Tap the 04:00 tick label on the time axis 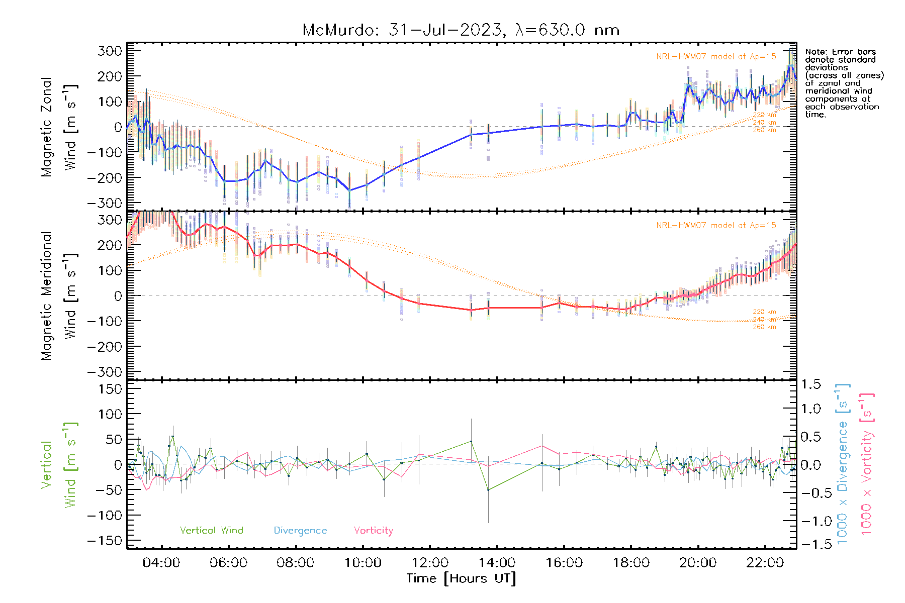pyautogui.click(x=161, y=563)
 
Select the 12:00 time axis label pyautogui.click(x=430, y=563)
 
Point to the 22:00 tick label pyautogui.click(x=765, y=563)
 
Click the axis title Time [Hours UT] pyautogui.click(x=461, y=578)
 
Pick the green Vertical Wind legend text pyautogui.click(x=211, y=531)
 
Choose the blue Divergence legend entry pyautogui.click(x=300, y=531)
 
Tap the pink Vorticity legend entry pyautogui.click(x=373, y=531)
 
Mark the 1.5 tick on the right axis pyautogui.click(x=810, y=384)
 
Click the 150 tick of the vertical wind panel pyautogui.click(x=110, y=389)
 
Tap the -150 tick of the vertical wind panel pyautogui.click(x=105, y=541)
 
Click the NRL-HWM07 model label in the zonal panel pyautogui.click(x=716, y=57)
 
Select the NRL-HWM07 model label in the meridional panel pyautogui.click(x=716, y=226)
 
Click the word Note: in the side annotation pyautogui.click(x=816, y=52)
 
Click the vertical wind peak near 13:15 pyautogui.click(x=471, y=441)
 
